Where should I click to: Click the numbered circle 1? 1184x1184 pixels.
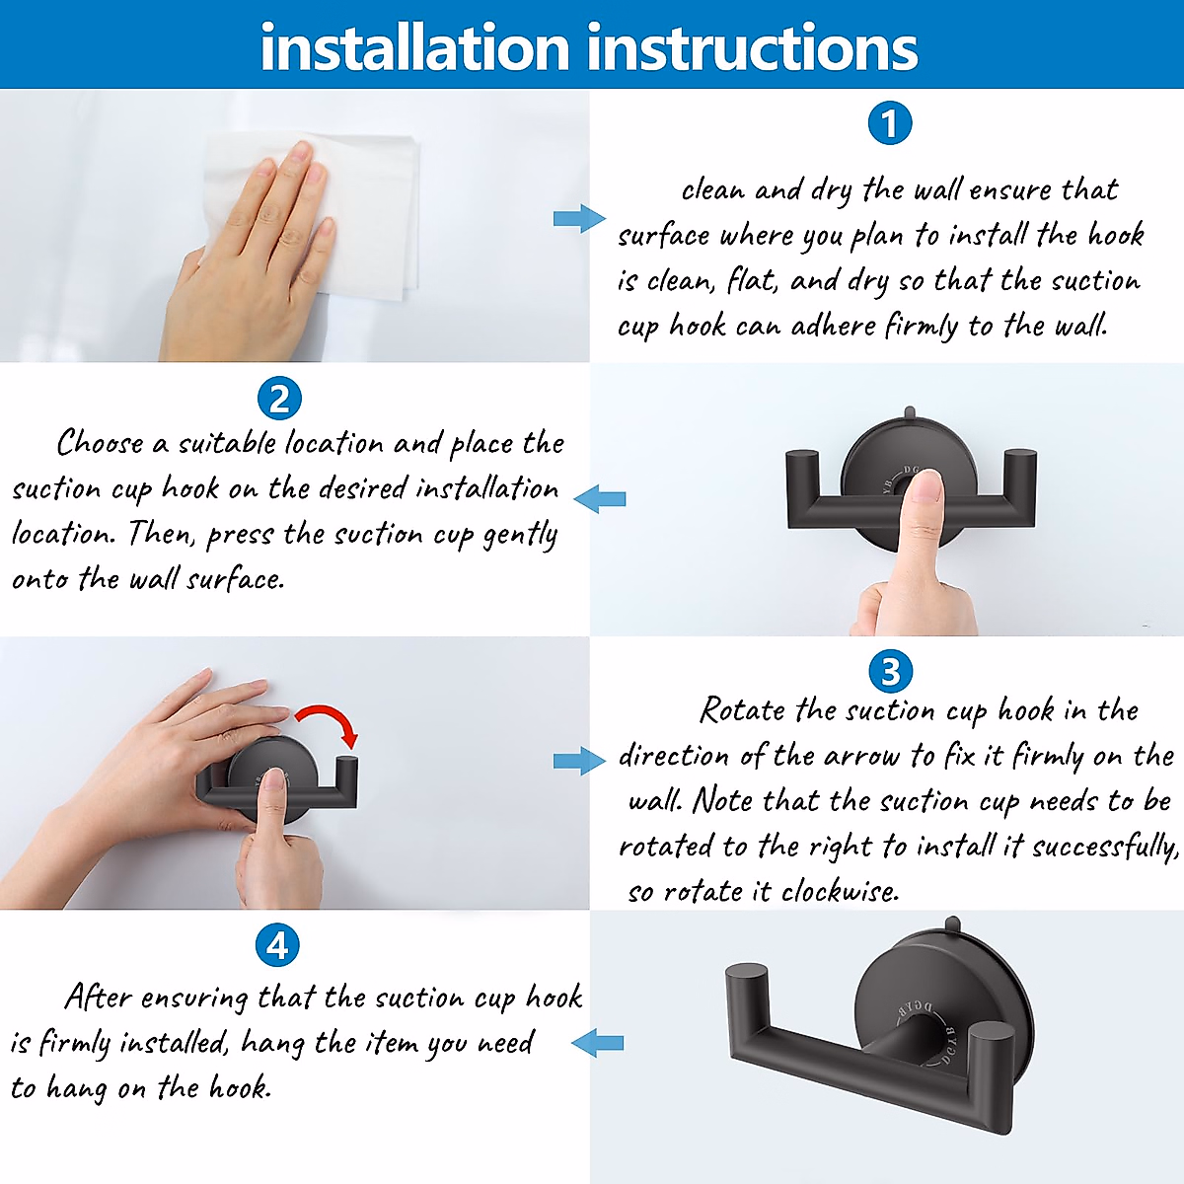tap(890, 123)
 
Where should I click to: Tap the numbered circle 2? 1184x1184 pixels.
tap(279, 399)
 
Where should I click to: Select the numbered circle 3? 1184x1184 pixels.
tap(890, 671)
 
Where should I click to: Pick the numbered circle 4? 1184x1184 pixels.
tap(277, 945)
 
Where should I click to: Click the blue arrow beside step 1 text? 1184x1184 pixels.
tap(579, 219)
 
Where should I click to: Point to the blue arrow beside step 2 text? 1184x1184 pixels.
tap(600, 498)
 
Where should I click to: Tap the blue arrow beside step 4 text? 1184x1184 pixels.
tap(597, 1043)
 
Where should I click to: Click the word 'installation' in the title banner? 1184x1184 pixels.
tap(415, 47)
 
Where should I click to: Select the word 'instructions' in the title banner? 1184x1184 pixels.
tap(752, 47)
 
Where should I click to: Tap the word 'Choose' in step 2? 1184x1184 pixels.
tap(101, 442)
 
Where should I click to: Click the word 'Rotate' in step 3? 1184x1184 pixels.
tap(743, 710)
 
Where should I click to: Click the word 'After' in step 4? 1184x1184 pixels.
tap(99, 997)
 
